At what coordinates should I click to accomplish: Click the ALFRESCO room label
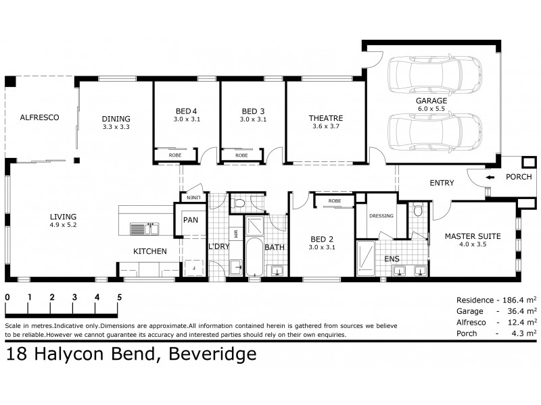39,117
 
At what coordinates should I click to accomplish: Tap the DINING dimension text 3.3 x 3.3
116,126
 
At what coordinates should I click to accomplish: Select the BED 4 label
186,111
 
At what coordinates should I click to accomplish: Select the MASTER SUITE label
472,236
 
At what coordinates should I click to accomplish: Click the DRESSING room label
381,217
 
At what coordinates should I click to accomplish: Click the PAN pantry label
190,220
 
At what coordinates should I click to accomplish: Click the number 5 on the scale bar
119,297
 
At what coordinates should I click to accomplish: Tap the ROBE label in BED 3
241,155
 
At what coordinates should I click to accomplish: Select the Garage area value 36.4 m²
517,311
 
